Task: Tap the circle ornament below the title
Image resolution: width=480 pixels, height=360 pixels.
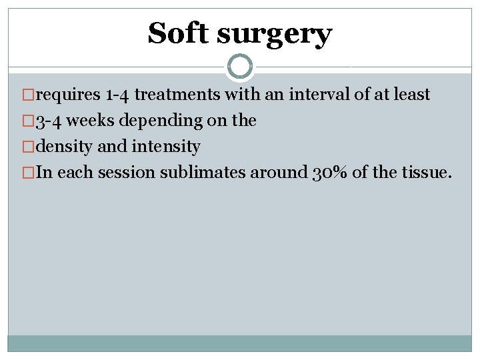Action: (x=239, y=67)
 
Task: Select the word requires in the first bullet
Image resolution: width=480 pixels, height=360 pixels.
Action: (x=68, y=95)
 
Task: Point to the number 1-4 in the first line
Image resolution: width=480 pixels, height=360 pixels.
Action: (x=118, y=95)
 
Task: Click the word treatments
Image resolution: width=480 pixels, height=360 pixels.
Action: (x=177, y=95)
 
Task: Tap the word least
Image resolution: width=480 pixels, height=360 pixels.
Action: (x=411, y=95)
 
